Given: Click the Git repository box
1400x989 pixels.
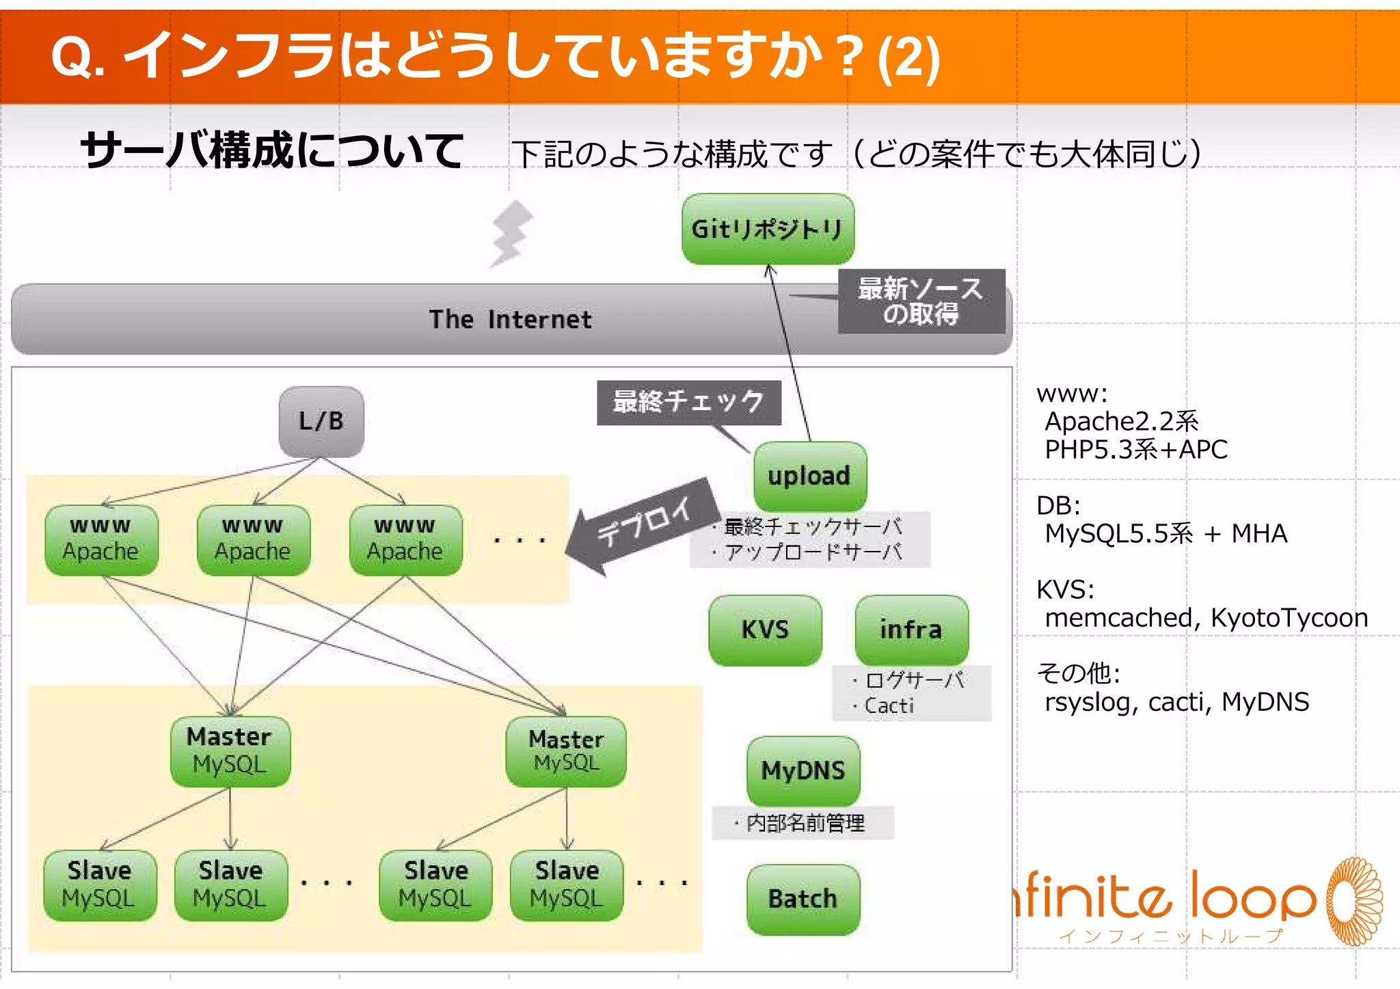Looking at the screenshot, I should coord(768,229).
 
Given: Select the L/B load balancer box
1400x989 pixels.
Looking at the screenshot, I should coord(321,421).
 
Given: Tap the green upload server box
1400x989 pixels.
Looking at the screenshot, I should coord(809,476).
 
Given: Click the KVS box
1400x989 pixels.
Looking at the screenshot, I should coord(765,629).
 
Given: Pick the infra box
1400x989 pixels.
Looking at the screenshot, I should coord(911,629).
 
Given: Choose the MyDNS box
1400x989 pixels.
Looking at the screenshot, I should coord(803,771).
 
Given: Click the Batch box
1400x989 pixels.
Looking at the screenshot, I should coord(803,899).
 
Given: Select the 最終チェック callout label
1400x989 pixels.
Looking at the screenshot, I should coord(688,402).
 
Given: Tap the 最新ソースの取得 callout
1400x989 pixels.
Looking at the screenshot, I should coord(921,301).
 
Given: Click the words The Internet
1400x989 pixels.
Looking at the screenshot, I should coord(510,319).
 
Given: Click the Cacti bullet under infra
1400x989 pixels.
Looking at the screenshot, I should coord(889,705).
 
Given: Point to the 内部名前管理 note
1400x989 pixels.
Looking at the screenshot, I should coord(805,823).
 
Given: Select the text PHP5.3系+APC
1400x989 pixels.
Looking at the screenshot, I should coord(1135,450).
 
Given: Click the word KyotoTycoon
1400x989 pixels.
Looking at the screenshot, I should coord(1289,618).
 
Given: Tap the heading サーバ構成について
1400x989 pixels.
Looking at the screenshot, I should coord(272,150).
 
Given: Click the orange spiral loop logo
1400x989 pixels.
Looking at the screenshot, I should coord(1354,901).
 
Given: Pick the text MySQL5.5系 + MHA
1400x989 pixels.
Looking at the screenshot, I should coord(1166,534).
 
